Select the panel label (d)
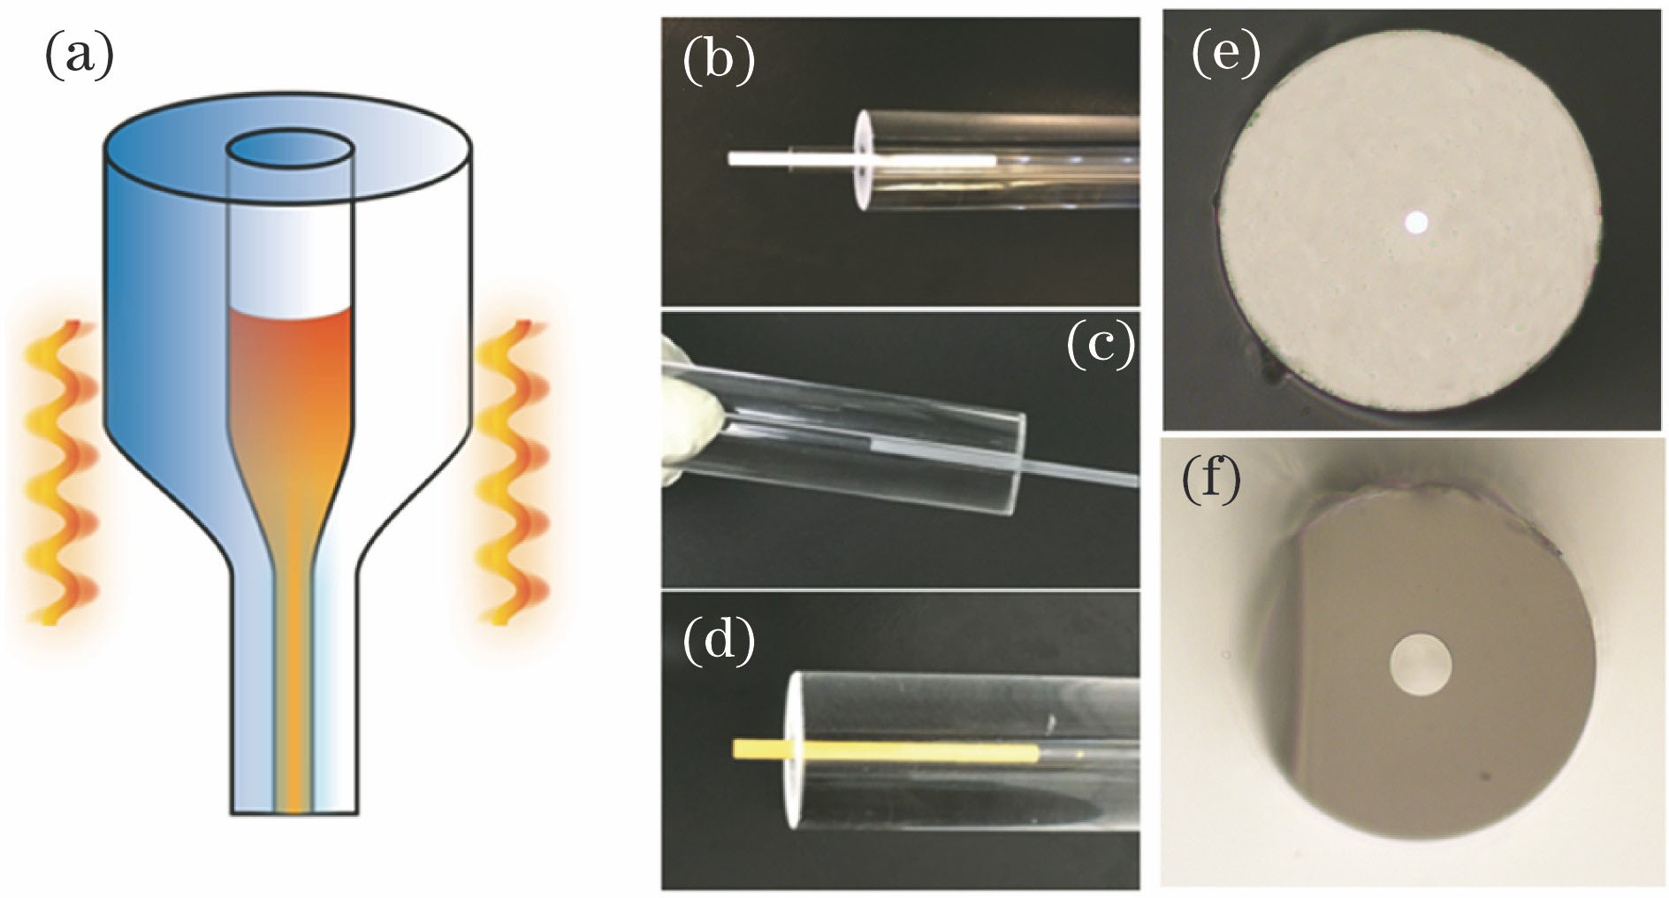coord(720,640)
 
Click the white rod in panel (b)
coord(861,159)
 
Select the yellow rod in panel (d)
coord(885,751)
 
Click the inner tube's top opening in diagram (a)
coord(288,149)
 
